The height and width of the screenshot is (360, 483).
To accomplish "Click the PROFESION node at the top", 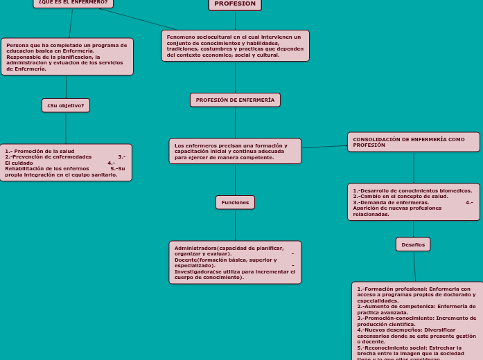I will [235, 4].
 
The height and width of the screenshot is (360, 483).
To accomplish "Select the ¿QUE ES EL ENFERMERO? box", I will [73, 3].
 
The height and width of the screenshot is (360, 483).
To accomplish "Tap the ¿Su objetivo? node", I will [66, 105].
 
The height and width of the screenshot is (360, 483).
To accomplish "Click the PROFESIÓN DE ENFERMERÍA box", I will [235, 100].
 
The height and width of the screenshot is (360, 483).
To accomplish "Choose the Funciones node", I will [235, 202].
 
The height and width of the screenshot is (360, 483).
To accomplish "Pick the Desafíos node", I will [413, 244].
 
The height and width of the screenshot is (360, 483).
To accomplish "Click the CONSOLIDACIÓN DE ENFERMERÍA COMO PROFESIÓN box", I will [413, 142].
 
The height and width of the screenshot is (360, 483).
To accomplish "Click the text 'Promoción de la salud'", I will [44, 151].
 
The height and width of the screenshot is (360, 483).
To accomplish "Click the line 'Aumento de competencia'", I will [395, 306].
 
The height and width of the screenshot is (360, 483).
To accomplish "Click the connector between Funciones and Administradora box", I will [235, 225].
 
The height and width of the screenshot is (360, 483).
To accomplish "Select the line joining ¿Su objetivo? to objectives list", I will [66, 128].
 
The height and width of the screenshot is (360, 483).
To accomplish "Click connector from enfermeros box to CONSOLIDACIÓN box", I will [324, 146].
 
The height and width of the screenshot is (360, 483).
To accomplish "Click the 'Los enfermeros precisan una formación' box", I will [235, 151].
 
